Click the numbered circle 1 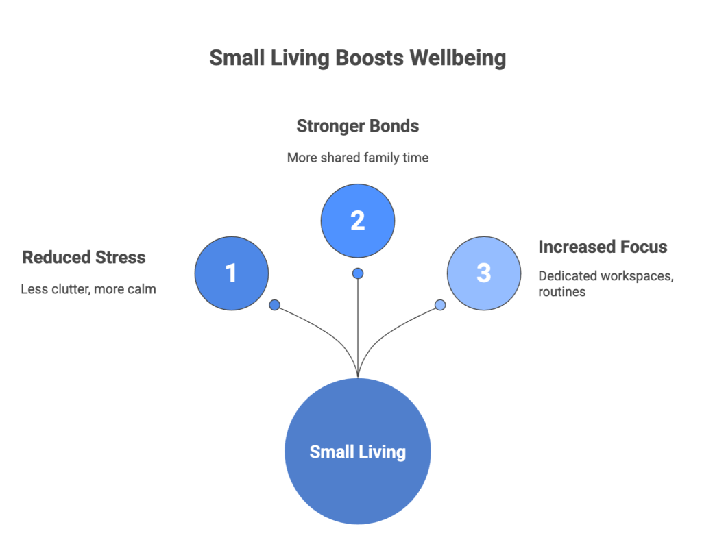tap(232, 273)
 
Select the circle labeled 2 tap(358, 220)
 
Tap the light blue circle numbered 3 tap(484, 273)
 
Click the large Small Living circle tap(358, 451)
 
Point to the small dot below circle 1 tap(275, 305)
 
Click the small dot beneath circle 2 tap(358, 273)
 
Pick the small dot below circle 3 tap(440, 305)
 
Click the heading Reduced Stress tap(84, 258)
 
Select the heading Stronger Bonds tap(357, 126)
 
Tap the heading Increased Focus tap(603, 247)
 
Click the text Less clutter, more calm tap(88, 289)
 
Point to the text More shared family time tap(357, 158)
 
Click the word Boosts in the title tap(370, 58)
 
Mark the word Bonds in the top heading tap(394, 126)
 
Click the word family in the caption tap(385, 158)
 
